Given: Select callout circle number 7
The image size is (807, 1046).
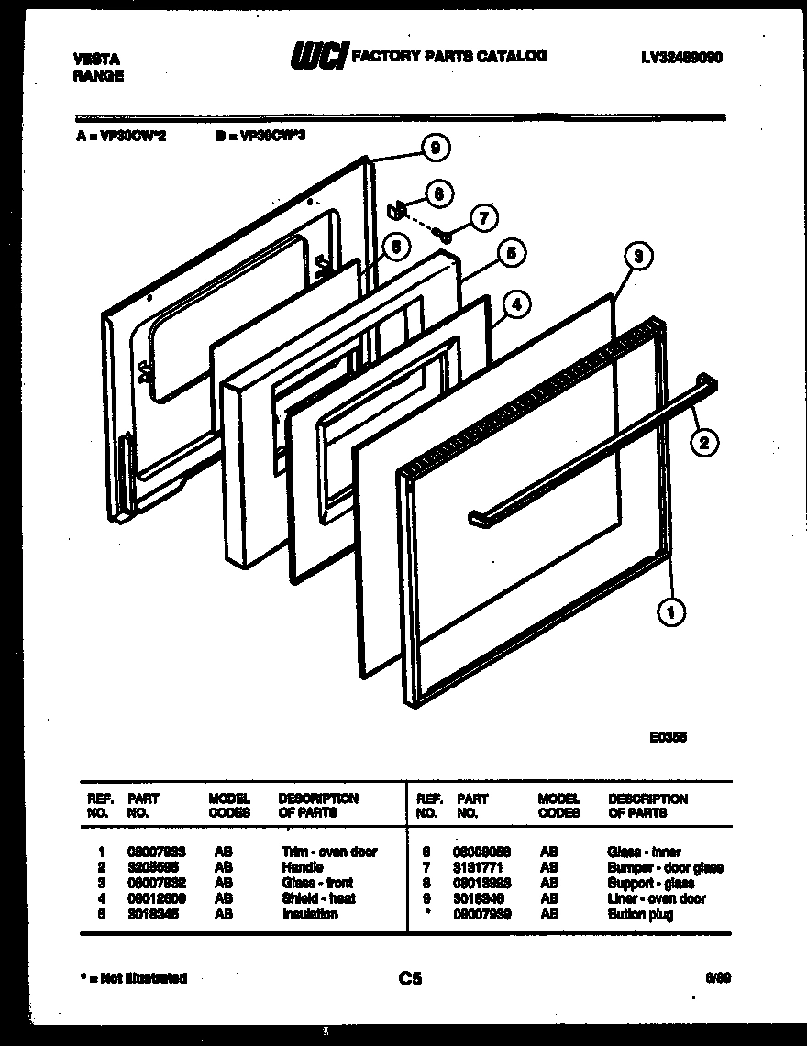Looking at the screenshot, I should pos(483,218).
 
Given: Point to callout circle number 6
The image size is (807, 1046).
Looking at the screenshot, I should pos(393,246).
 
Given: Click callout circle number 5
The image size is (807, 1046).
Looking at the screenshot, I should pos(511,253).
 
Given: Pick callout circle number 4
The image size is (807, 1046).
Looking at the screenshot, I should pos(516,304).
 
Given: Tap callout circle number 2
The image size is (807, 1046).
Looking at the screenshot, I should pos(703,443).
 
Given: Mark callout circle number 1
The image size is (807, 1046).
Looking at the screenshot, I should pos(672,611).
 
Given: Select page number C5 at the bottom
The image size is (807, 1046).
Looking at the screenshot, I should pos(410,979).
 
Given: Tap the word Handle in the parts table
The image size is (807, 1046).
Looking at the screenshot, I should pos(303,867).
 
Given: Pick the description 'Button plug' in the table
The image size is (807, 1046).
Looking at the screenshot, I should pos(639,915).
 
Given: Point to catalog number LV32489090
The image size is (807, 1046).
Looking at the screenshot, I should pos(682,57).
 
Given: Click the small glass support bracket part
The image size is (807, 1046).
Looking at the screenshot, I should pos(397,211).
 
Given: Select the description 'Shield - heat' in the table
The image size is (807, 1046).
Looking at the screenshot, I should pos(318,899).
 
